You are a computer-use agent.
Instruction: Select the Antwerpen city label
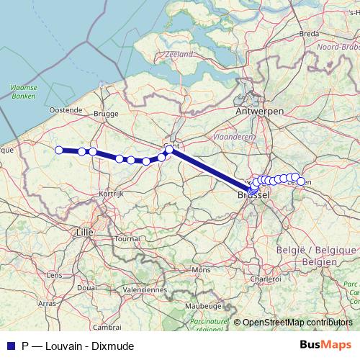coord(259,111)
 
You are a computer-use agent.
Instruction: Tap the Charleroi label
coord(266,278)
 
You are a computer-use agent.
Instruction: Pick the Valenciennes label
coord(144,289)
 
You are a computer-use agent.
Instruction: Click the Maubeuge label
coord(201,305)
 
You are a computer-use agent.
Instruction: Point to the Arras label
coord(47,304)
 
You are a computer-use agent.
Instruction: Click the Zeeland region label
coord(179,54)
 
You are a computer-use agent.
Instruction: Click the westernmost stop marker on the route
coord(59,150)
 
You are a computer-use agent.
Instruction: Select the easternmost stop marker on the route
coord(301,181)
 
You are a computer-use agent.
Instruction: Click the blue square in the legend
coord(10,346)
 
